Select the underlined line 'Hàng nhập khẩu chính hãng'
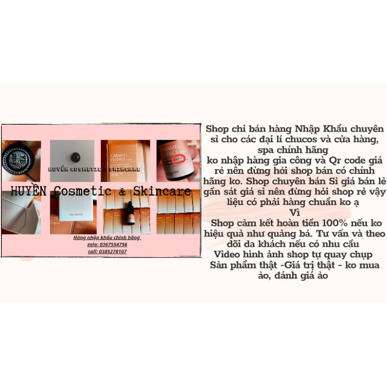click(x=107, y=238)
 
